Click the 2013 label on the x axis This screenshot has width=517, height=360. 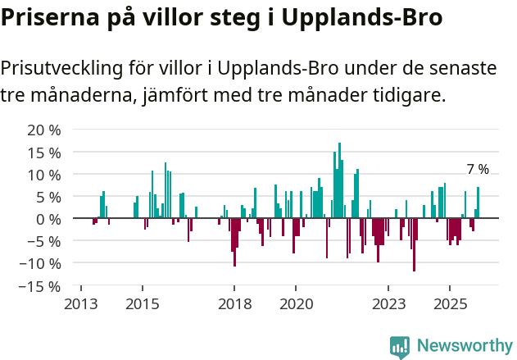80,303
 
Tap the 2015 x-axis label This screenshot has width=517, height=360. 143,303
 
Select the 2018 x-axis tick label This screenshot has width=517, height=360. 234,303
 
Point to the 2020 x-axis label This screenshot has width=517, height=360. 296,303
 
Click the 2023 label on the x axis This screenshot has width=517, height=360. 388,303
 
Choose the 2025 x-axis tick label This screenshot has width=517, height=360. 450,303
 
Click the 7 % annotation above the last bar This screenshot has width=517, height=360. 478,170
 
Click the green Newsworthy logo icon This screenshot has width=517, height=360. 400,347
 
